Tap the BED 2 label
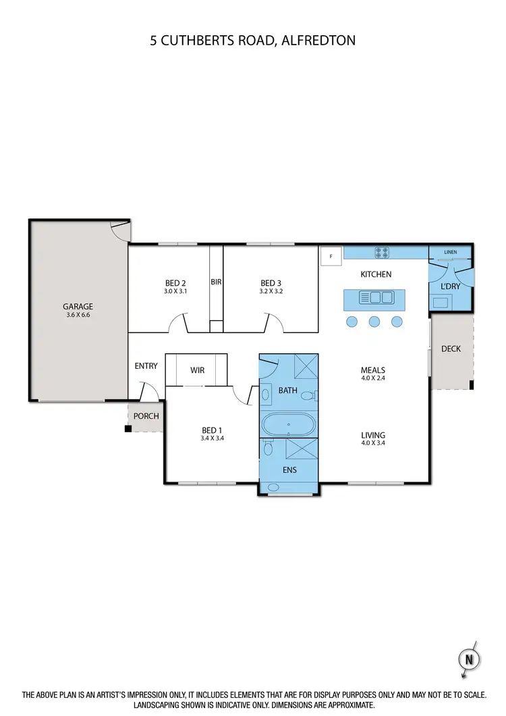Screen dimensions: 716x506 (x=175, y=283)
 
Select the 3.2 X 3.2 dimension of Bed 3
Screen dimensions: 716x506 (x=270, y=292)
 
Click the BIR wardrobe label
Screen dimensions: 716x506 (x=216, y=282)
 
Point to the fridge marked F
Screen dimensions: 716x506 (x=331, y=257)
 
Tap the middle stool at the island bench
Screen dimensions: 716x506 (x=374, y=322)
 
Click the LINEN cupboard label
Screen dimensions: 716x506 (x=450, y=252)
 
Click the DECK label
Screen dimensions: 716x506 (x=451, y=349)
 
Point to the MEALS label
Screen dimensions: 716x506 (x=372, y=370)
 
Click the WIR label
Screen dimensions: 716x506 (x=197, y=370)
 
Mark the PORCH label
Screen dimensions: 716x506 (x=146, y=416)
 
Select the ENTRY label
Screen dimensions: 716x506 (x=146, y=366)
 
